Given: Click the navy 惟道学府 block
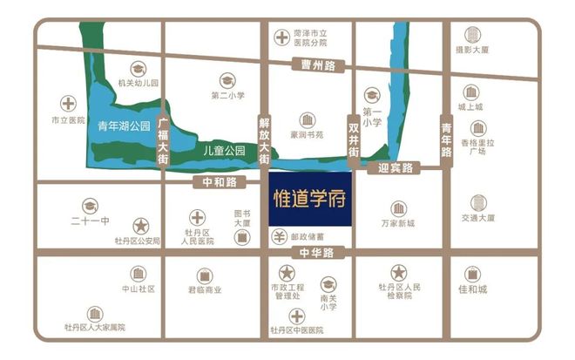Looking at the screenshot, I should pyautogui.click(x=308, y=198).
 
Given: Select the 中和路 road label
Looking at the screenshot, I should pyautogui.click(x=219, y=183).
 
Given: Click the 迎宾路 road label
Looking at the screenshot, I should pyautogui.click(x=396, y=166).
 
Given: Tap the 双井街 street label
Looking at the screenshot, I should pyautogui.click(x=353, y=137).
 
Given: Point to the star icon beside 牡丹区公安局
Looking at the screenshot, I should pyautogui.click(x=140, y=225).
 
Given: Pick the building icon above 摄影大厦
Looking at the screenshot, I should pyautogui.click(x=471, y=35).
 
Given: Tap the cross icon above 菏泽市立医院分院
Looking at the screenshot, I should pyautogui.click(x=281, y=37).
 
